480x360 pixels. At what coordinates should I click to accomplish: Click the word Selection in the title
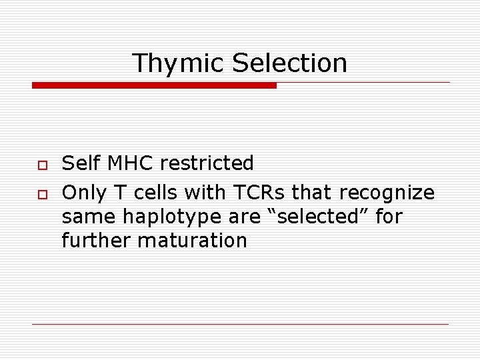(x=289, y=63)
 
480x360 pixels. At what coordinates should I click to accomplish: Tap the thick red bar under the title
(x=154, y=85)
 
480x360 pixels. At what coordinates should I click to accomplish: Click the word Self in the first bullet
(x=79, y=163)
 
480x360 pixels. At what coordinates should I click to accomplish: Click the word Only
(x=84, y=193)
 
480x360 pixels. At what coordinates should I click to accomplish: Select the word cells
(x=157, y=193)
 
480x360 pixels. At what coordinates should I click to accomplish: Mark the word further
(x=96, y=240)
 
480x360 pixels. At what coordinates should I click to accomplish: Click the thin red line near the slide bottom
(x=240, y=324)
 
